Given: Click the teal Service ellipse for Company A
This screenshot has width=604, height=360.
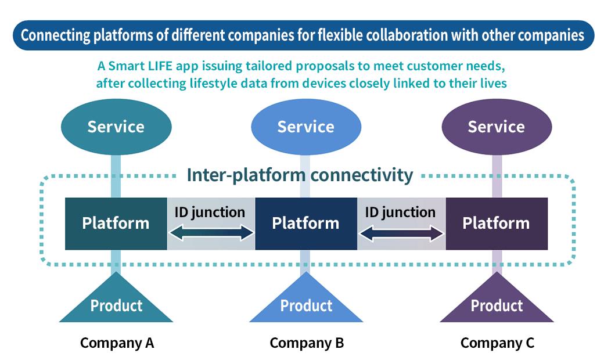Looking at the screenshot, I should (x=116, y=127).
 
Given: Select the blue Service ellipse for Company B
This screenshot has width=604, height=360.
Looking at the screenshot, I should (x=305, y=127).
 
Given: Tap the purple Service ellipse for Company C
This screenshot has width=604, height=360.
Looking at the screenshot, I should (x=496, y=127).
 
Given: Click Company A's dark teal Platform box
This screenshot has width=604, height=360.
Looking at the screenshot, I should (x=116, y=224).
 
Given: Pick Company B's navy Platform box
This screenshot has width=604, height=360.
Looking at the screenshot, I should (x=305, y=224).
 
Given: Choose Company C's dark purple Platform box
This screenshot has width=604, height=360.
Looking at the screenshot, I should (x=496, y=224).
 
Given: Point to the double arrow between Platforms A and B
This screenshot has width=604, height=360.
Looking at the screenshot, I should (x=211, y=233).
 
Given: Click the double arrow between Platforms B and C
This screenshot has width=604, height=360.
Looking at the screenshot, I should (x=401, y=233).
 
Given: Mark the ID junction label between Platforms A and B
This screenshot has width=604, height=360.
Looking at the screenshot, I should (x=210, y=213).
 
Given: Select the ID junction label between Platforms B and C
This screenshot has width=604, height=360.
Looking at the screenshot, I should (x=400, y=213).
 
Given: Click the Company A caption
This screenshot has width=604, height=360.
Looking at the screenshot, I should (x=117, y=343).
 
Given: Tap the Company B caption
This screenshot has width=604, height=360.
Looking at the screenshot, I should (x=307, y=343).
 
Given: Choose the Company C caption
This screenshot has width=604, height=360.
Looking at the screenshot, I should (x=497, y=343).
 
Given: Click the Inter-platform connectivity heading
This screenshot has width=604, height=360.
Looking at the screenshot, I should (x=300, y=175).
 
